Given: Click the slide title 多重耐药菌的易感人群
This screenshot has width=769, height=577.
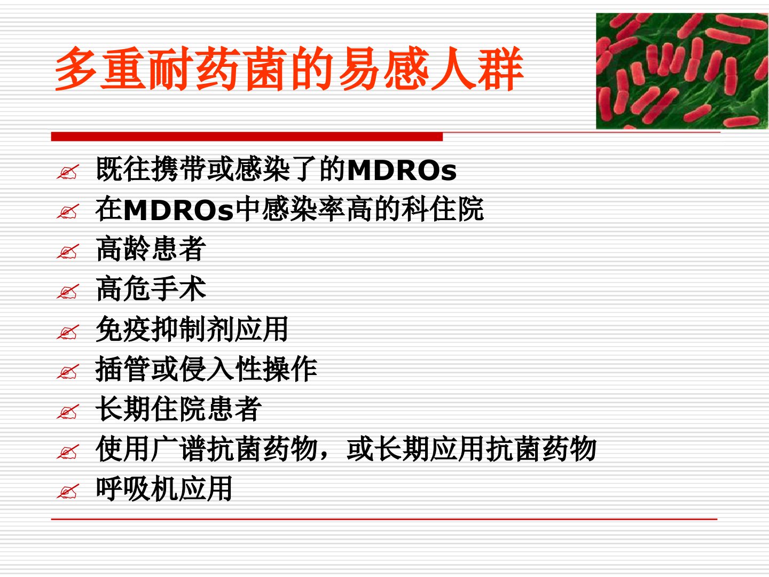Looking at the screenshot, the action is point(289,69).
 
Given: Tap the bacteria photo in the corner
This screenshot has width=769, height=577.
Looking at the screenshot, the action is point(682,71).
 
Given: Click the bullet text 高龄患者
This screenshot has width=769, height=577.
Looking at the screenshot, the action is point(151,249).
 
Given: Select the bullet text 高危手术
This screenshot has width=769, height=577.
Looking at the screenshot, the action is point(151,288).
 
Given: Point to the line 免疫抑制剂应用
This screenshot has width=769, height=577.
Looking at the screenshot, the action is point(192,329).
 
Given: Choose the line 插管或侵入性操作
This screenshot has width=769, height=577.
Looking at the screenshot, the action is point(206,369).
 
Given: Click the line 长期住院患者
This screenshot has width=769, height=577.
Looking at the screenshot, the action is point(179,409).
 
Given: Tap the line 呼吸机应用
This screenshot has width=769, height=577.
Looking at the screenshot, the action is point(164,488).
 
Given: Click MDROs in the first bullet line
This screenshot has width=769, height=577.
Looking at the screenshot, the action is point(402,170).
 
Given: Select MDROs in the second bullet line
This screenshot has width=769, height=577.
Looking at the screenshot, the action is point(179,210).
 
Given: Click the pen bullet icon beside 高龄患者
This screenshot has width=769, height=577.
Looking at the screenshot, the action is point(68,252).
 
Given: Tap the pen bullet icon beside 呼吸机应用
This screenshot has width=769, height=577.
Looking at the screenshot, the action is point(68,492).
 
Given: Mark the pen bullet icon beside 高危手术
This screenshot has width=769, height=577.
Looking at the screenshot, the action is point(68,292).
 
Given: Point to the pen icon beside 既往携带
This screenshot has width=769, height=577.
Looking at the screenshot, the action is point(68,172).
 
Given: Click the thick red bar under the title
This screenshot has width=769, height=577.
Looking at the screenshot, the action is point(247,137).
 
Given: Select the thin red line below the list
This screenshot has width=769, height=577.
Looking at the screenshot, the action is point(384,519).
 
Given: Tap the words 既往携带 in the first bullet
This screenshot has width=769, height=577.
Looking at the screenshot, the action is point(151,169).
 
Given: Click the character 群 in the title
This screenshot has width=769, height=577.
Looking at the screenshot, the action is point(500,69).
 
